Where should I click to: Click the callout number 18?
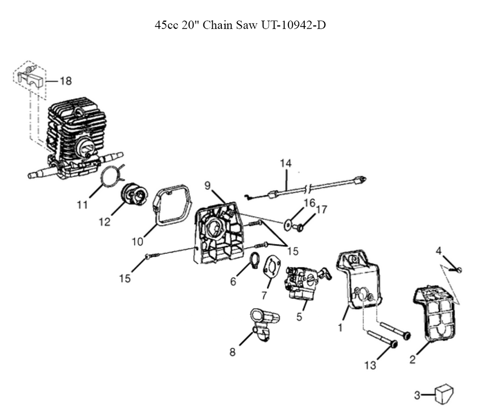click(x=66, y=81)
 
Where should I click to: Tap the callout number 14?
click(x=286, y=164)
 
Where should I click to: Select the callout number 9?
click(x=207, y=185)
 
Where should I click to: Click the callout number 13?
click(x=370, y=366)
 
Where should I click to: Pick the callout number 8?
click(x=232, y=352)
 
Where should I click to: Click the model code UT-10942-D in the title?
click(x=294, y=25)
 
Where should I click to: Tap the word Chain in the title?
click(x=219, y=25)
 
